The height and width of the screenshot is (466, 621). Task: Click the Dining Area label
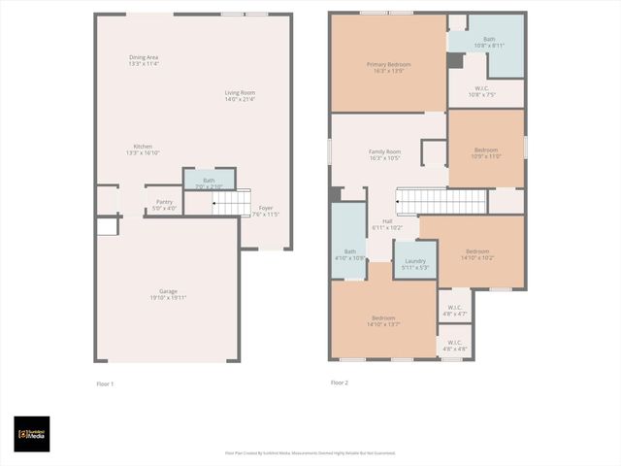144,61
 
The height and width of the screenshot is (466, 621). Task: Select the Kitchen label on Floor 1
143,150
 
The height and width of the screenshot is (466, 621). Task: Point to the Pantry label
164,204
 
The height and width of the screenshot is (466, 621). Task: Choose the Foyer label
265,211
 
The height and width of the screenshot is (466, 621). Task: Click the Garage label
169,294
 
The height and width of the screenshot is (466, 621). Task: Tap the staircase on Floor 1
231,202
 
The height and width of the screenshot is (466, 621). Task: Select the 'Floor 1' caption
105,383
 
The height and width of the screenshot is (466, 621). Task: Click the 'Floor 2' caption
339,383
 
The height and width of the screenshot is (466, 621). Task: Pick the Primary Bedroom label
388,68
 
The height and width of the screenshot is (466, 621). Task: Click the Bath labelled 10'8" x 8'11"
490,43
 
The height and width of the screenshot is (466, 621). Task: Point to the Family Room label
384,154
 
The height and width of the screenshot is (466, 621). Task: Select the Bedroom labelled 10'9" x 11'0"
486,152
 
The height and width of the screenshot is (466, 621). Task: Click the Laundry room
414,262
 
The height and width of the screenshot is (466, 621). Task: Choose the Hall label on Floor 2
387,224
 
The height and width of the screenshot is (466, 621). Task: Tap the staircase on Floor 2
441,201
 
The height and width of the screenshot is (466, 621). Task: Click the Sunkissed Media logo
31,433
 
